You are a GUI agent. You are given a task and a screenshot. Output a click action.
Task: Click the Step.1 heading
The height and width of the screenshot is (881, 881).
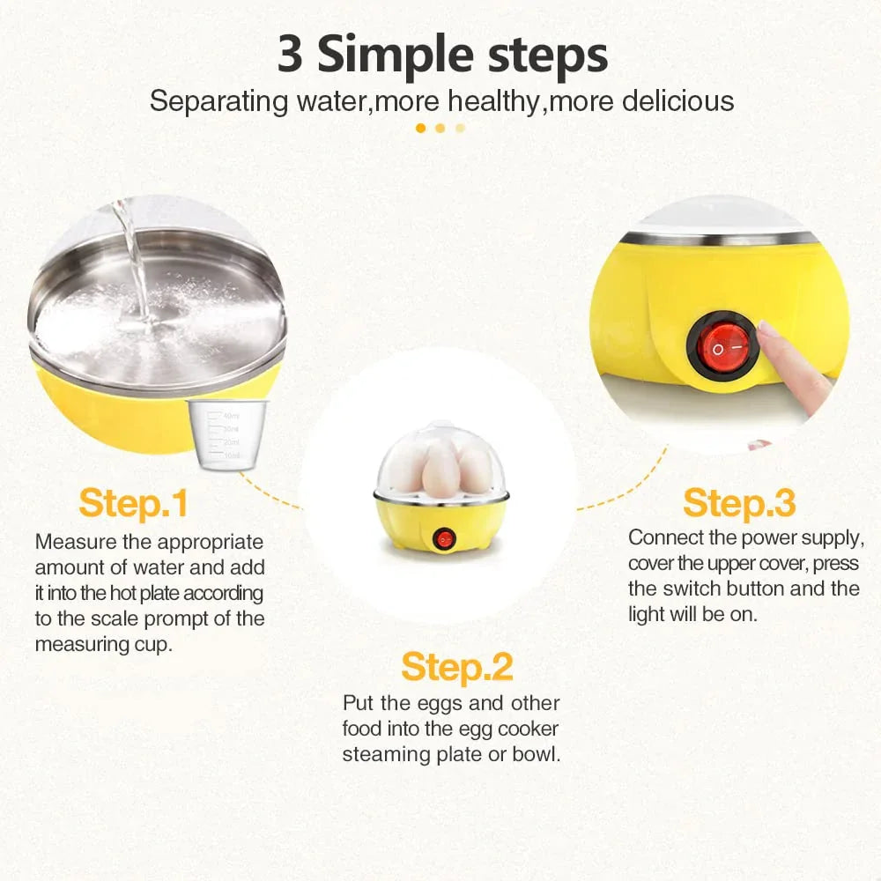[x=133, y=503]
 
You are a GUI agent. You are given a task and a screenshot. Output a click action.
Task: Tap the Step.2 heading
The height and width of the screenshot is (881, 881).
[x=456, y=668]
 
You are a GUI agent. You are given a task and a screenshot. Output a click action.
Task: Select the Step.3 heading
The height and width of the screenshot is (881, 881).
[x=739, y=503]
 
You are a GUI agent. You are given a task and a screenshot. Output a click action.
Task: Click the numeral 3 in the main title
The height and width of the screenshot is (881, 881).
[x=290, y=55]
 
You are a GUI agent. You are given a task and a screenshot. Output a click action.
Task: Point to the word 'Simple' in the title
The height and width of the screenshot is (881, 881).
[x=396, y=56]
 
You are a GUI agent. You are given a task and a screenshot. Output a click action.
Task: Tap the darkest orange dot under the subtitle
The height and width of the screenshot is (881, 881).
[x=420, y=128]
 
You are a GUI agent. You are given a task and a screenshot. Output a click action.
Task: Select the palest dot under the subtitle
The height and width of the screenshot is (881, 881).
[x=460, y=128]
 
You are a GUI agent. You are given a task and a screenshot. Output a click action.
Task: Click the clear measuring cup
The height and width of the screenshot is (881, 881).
[x=227, y=434]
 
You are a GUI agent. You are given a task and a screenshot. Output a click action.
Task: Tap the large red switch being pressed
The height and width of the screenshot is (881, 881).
[x=723, y=346]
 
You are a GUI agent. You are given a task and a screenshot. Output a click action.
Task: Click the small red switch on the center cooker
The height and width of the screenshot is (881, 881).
[x=444, y=539]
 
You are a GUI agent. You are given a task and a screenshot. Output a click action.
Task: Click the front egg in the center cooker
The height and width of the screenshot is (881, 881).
[x=440, y=470]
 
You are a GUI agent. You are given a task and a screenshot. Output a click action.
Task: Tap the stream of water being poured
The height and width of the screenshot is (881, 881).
[x=134, y=264]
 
